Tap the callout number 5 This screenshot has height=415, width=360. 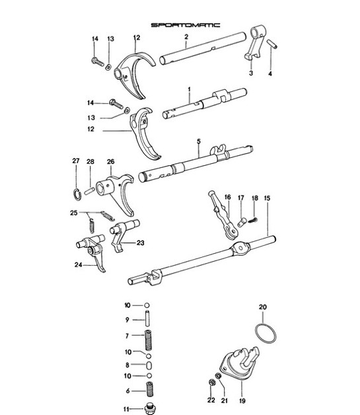pos(198,141)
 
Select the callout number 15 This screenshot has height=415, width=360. pos(268,198)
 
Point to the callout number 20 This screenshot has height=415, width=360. pos(262,307)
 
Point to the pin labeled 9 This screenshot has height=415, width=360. pos(149,321)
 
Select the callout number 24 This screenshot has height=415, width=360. pos(79,266)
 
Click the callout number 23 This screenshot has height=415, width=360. pos(140,243)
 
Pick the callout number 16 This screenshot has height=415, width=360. pos(227,197)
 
